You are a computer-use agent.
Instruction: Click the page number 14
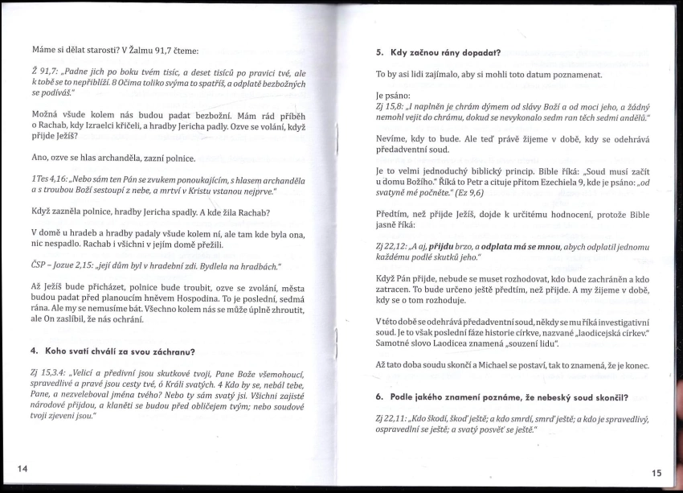tap(20, 469)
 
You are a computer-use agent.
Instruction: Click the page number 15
tap(656, 474)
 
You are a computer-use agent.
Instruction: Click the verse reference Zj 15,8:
tap(391, 106)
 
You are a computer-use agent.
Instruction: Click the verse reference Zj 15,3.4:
tap(48, 375)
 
